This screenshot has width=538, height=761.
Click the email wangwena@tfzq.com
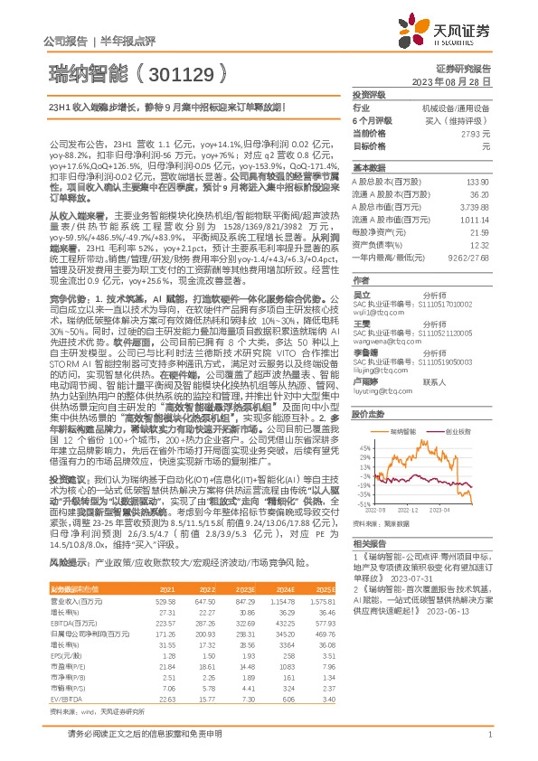coord(382,318)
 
